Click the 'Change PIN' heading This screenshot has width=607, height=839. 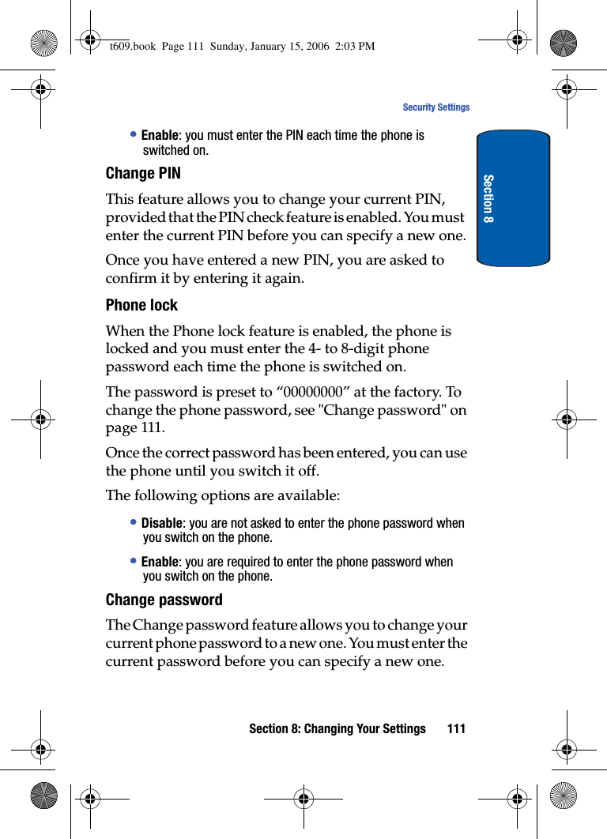point(143,173)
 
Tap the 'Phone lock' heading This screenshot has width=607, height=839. point(141,305)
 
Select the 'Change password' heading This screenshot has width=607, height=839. point(164,600)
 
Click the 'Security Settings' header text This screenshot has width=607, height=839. point(435,107)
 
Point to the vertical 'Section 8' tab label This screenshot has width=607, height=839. point(489,198)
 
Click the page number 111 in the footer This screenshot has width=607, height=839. point(456,728)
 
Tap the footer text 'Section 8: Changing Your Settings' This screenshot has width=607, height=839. point(337,728)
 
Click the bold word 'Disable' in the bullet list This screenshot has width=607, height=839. point(162,524)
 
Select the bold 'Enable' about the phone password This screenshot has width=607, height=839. point(160,562)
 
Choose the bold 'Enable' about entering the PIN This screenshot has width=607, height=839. point(160,136)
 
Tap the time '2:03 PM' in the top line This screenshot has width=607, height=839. point(356,46)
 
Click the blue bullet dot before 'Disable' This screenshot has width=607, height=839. point(134,523)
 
